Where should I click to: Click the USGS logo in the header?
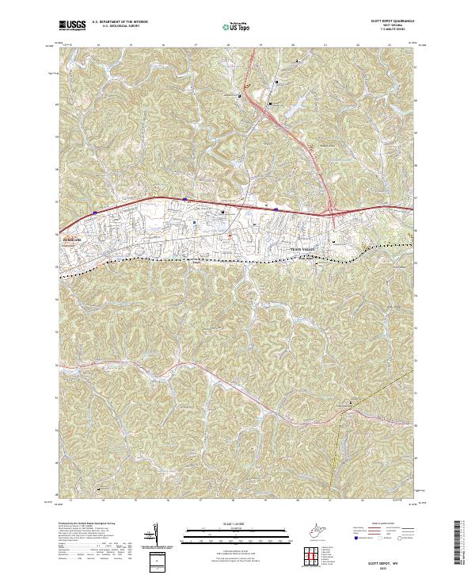[72, 25]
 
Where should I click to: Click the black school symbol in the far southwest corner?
[100, 489]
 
